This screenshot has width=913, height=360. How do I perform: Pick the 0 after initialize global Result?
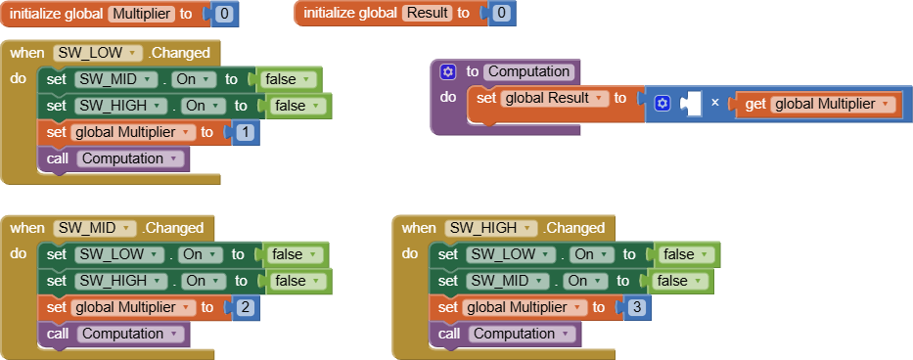(x=501, y=13)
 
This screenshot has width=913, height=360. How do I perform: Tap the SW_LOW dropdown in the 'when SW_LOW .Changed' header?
(x=96, y=53)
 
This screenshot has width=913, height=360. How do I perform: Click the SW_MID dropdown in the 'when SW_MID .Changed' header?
(x=94, y=228)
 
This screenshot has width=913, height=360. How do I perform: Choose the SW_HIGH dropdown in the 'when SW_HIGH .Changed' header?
(x=490, y=228)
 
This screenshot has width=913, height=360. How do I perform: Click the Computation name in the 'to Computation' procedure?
(x=529, y=71)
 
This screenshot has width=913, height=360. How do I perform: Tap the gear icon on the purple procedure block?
(x=448, y=71)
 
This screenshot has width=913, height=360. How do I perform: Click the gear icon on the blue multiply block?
(x=662, y=104)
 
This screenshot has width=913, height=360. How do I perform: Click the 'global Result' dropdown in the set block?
(x=554, y=98)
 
